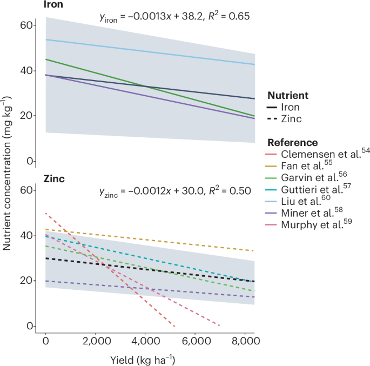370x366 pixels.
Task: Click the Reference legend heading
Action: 292,143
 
